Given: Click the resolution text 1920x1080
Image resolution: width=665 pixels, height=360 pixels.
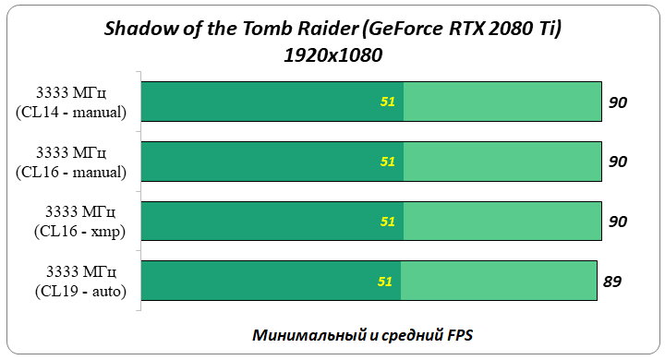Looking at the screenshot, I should point(332,55).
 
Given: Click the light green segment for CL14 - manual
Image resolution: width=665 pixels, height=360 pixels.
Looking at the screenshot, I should point(503,102).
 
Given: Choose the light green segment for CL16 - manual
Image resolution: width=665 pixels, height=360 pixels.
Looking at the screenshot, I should point(503,162).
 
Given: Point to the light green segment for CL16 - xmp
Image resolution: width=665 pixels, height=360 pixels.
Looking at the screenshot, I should point(503,222).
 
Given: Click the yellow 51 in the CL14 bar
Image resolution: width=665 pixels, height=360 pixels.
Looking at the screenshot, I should point(388,102).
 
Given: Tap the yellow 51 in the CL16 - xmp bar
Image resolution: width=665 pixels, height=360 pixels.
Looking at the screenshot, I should point(388,222).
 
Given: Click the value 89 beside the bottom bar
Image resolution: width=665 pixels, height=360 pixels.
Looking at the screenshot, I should point(611,282).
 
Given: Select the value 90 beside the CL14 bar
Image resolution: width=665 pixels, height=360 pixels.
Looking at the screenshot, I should point(618,102).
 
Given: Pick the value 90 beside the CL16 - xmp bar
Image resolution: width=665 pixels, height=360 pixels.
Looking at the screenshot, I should point(618,222).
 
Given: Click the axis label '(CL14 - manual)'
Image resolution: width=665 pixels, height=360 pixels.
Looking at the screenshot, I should point(71,112).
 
